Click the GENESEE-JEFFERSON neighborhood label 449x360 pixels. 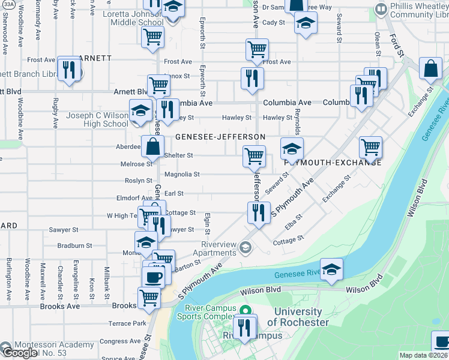point(220,137)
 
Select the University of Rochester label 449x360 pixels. point(298,317)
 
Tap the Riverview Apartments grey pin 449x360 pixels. point(244,247)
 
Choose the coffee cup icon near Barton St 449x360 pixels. point(153,277)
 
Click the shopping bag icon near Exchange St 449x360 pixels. point(431,70)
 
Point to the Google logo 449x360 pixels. point(19,352)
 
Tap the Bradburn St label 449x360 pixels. point(74,245)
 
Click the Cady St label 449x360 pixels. point(273,22)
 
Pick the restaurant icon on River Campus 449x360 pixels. point(244,327)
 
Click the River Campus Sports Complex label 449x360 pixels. point(206,310)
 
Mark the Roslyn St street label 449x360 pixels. point(138,181)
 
